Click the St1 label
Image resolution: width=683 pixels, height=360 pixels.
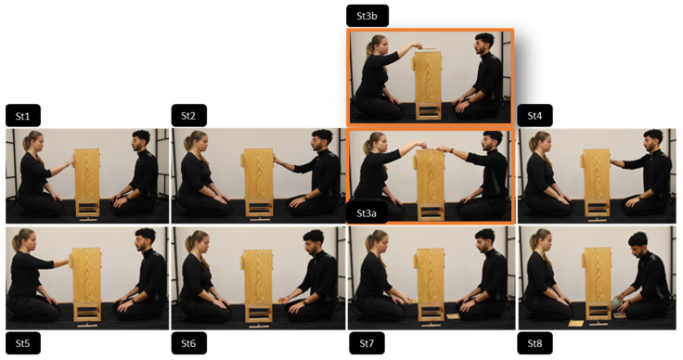[23, 116]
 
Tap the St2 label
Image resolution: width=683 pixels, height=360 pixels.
[189, 116]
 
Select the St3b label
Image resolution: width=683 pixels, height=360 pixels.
[367, 16]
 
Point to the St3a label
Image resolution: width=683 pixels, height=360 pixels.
[367, 212]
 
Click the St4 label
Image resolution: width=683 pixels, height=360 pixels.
[535, 116]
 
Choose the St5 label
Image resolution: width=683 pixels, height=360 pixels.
[23, 343]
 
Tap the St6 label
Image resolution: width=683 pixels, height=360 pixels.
[189, 343]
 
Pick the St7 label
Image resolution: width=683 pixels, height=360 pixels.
[367, 343]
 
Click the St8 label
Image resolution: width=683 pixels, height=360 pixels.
[535, 343]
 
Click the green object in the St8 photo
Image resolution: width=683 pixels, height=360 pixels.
[616, 303]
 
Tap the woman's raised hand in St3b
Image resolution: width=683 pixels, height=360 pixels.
[417, 45]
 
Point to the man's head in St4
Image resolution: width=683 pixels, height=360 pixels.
[652, 140]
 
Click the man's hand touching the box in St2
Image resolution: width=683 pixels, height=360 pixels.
[277, 161]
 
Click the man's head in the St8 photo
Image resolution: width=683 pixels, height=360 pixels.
[638, 243]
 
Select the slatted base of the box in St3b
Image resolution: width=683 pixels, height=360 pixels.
[429, 110]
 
